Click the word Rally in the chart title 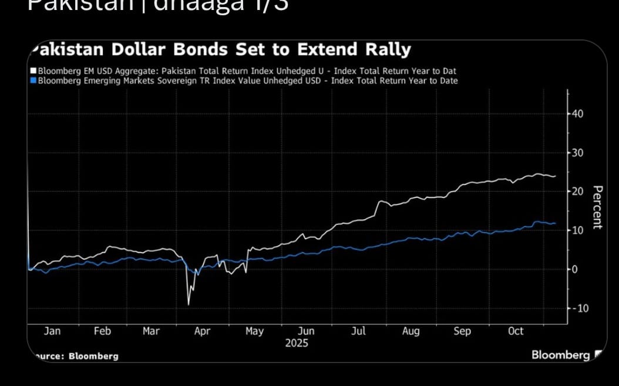coord(386,49)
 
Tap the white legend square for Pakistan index coord(33,72)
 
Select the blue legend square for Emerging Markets coord(33,81)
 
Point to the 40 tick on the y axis coord(577,113)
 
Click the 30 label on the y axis coord(577,153)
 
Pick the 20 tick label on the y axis coord(577,191)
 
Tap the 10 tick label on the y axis coord(577,230)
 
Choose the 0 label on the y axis coord(575,269)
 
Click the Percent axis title coord(597,207)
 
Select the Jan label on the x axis coord(52,331)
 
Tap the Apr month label coord(202,331)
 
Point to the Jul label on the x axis coord(358,331)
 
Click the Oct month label coord(515,331)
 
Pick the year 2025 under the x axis coord(297,343)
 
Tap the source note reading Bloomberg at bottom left coord(93,356)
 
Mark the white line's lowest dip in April coord(189,304)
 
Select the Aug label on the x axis coord(411,331)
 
